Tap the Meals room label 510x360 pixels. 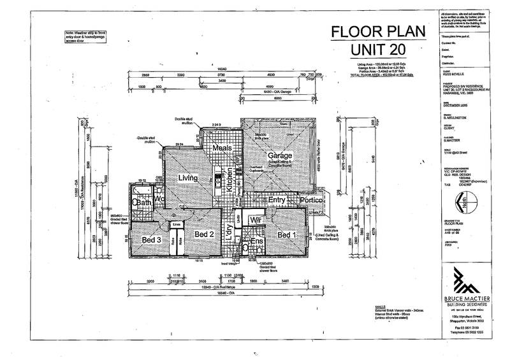coord(221,149)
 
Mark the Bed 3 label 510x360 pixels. coord(150,239)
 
